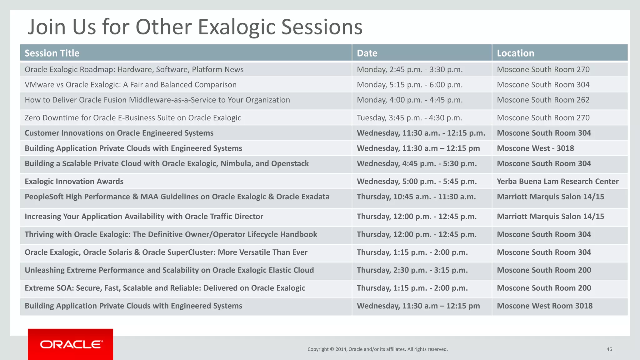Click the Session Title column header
[52, 53]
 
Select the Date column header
[367, 53]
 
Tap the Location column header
[515, 53]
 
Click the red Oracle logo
[71, 344]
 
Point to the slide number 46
[609, 349]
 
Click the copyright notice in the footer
[377, 349]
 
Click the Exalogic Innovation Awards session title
[74, 181]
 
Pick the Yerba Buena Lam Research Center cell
[557, 181]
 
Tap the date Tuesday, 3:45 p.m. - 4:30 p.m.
[409, 118]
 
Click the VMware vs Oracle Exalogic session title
[131, 85]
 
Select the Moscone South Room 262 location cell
[543, 100]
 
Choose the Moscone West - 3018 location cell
[535, 148]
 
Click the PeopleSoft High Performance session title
[177, 197]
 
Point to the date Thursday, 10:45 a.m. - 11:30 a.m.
[416, 197]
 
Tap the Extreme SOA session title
[165, 288]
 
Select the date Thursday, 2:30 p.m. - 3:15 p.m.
[412, 270]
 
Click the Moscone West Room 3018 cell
[545, 306]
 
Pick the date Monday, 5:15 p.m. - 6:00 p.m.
[410, 85]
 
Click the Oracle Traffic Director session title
[144, 216]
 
